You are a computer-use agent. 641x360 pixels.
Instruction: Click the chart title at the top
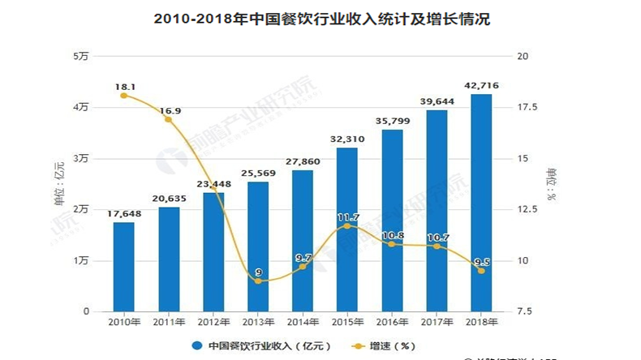(321, 18)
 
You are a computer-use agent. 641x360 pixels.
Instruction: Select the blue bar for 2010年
(123, 267)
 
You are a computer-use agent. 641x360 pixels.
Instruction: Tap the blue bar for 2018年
(481, 203)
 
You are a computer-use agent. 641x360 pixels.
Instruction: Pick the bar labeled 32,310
(347, 229)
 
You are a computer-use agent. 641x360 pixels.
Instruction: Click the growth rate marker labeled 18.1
(123, 96)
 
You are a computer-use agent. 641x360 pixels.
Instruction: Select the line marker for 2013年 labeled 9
(258, 281)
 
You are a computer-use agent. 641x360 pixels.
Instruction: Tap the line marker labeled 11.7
(347, 225)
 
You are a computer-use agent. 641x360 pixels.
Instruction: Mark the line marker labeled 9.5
(481, 271)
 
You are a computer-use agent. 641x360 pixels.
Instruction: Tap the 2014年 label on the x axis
(303, 322)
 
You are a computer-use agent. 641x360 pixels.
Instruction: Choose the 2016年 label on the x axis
(392, 322)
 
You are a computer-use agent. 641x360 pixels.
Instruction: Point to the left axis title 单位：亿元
(58, 184)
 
